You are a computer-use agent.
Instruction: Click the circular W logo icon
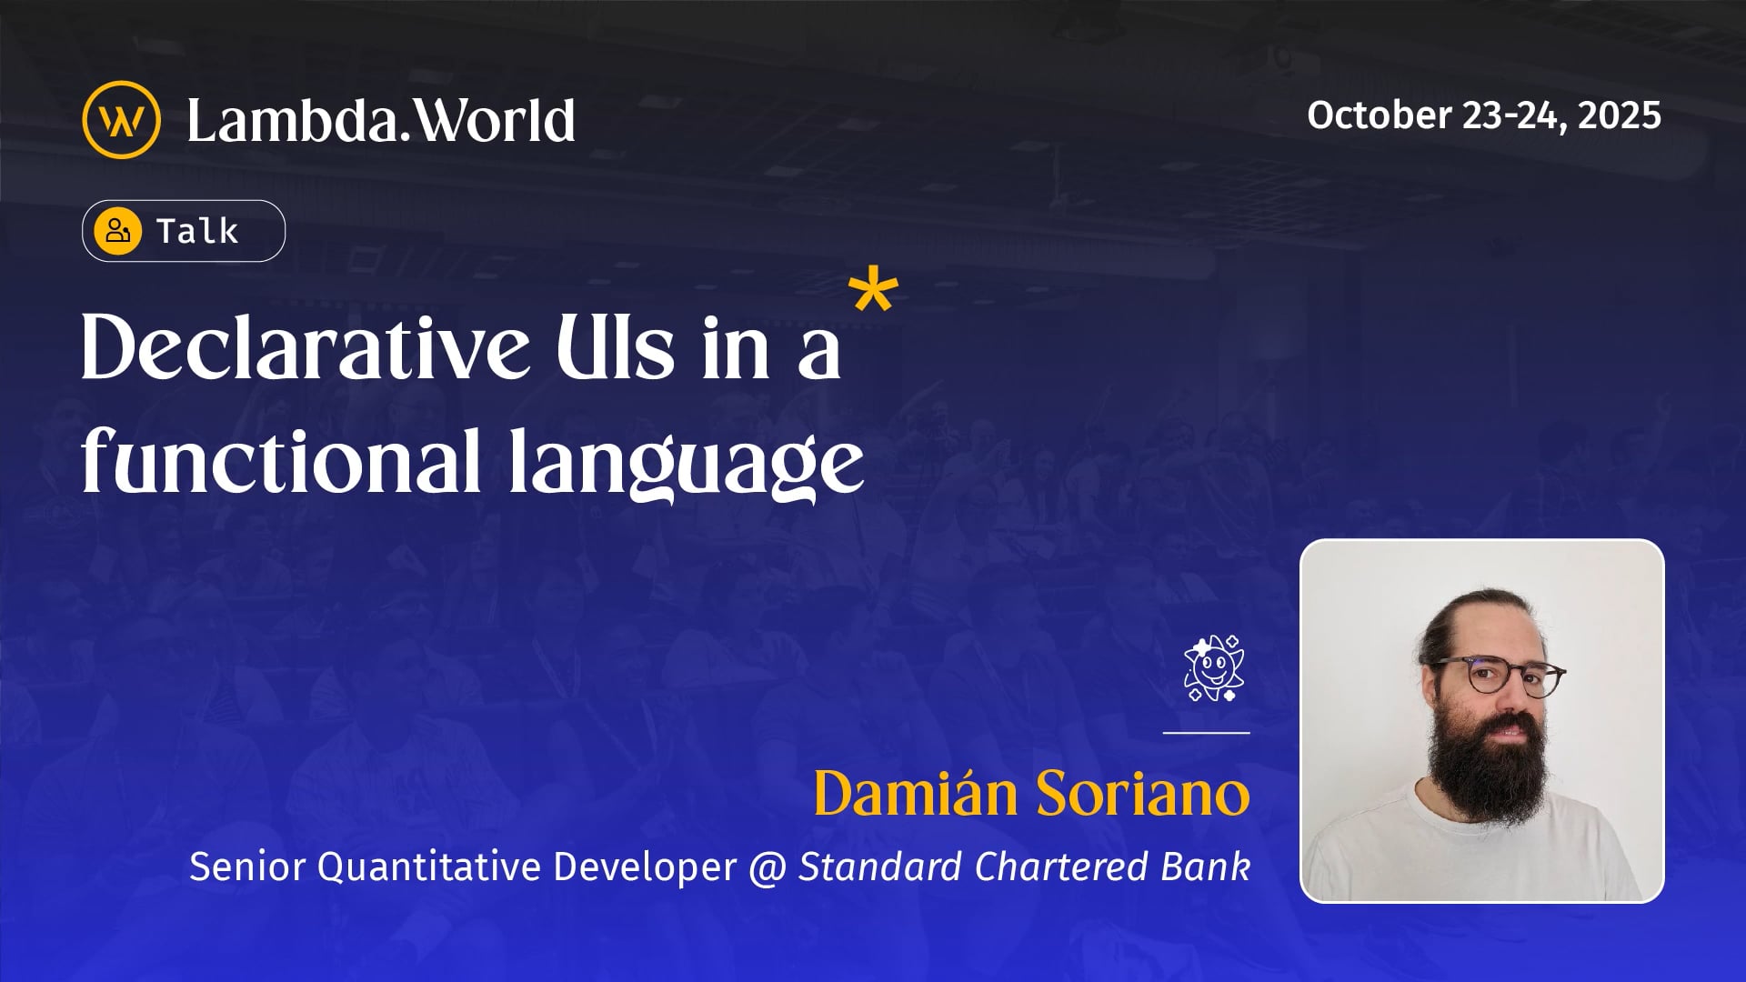coord(121,120)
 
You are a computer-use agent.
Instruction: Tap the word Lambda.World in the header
coord(380,120)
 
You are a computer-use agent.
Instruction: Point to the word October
coord(1379,115)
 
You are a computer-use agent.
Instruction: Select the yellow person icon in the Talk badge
coord(118,231)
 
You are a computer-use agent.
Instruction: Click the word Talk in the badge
coord(197,231)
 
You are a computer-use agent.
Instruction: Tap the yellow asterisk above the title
coord(873,291)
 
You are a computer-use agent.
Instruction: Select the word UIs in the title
coord(616,348)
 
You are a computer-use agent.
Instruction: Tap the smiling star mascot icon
coord(1213,668)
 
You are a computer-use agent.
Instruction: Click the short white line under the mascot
coord(1206,732)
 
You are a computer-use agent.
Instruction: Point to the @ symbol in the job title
coord(768,867)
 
